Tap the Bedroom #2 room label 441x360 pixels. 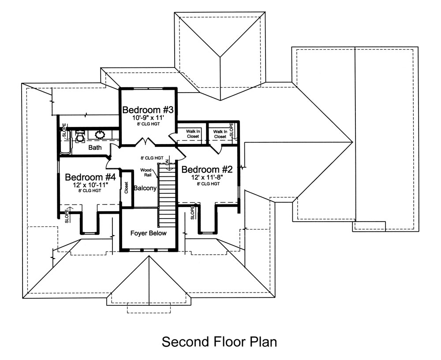[x=207, y=170]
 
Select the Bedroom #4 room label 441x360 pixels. [x=90, y=177]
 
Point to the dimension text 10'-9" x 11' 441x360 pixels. [x=148, y=118]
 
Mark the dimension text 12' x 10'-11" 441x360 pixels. [x=91, y=185]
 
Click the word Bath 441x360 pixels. [x=96, y=147]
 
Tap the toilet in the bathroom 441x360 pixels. [x=80, y=136]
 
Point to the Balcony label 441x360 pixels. [x=145, y=188]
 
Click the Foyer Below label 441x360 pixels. [x=149, y=233]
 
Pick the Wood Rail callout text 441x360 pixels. [x=146, y=172]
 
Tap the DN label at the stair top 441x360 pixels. [x=168, y=163]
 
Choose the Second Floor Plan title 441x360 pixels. [x=219, y=341]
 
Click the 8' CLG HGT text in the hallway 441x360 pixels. [x=152, y=157]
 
